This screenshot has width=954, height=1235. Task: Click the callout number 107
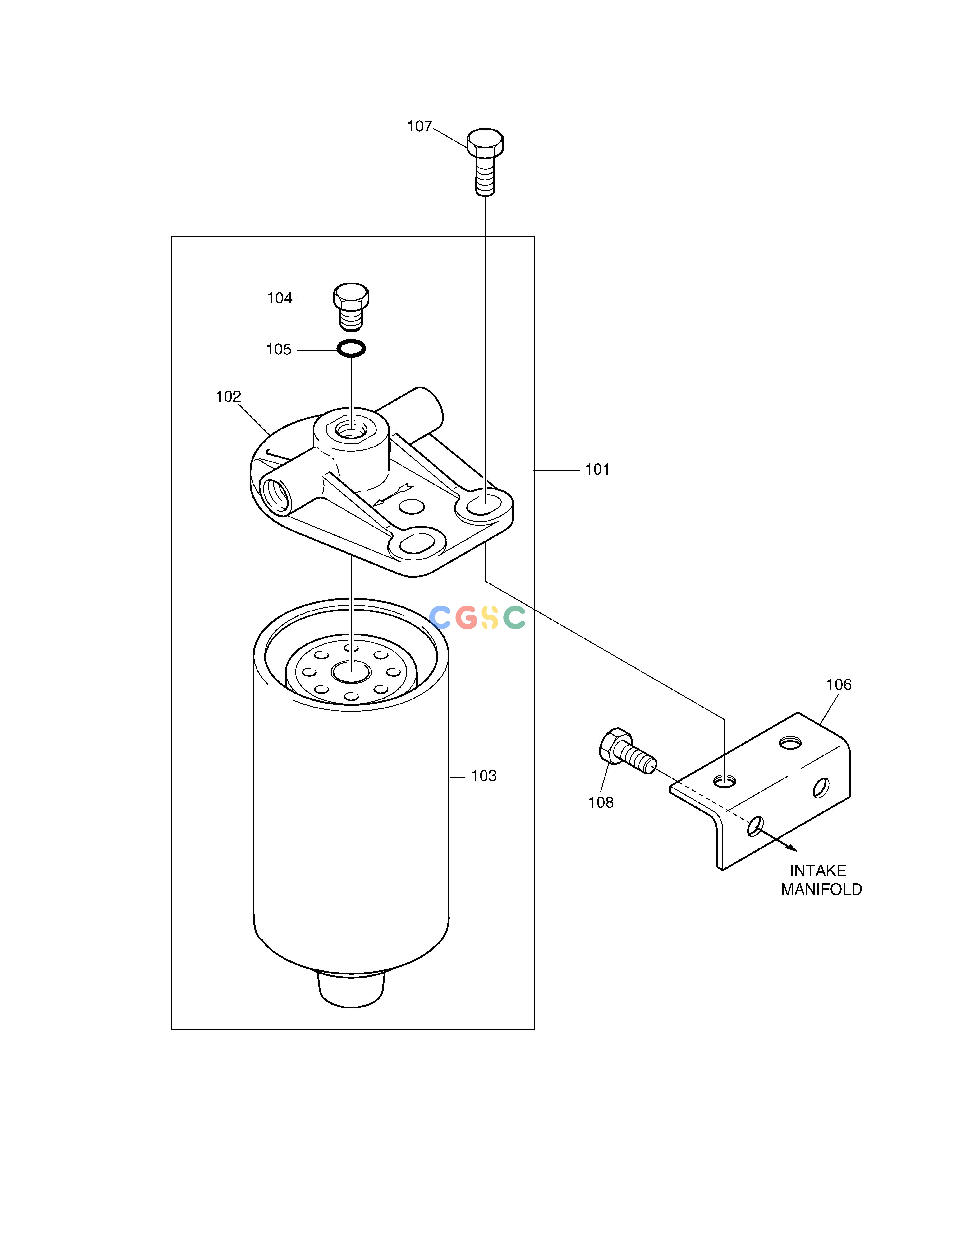[x=419, y=127]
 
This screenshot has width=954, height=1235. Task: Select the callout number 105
[x=279, y=350]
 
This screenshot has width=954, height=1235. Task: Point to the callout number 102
[x=228, y=396]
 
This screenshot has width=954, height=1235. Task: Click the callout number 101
[x=597, y=469]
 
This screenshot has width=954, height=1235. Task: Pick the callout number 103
[x=484, y=776]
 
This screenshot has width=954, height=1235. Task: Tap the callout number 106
[x=839, y=685]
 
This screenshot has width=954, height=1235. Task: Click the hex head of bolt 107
[x=485, y=142]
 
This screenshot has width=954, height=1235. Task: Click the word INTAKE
[x=818, y=871]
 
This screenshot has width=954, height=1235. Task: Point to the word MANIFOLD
[x=821, y=890]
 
